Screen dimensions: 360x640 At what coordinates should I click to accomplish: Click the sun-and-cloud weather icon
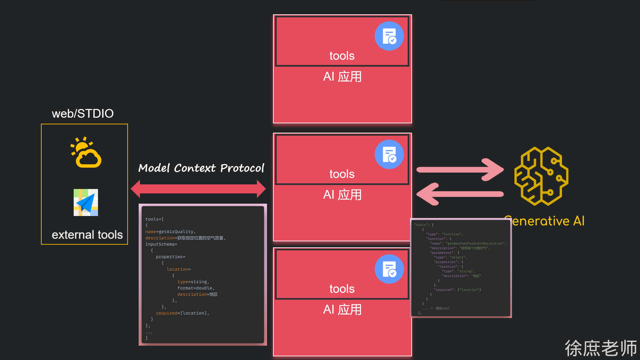pyautogui.click(x=86, y=152)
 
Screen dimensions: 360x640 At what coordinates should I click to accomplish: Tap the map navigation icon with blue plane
pyautogui.click(x=86, y=202)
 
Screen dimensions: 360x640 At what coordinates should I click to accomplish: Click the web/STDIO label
pyautogui.click(x=83, y=114)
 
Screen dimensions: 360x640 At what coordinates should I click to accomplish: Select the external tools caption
pyautogui.click(x=87, y=235)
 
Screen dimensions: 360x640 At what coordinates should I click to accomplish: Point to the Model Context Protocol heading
pyautogui.click(x=201, y=168)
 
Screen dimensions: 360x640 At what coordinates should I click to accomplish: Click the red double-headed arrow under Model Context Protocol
pyautogui.click(x=198, y=189)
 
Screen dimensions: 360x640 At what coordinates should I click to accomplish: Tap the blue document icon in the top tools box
pyautogui.click(x=389, y=36)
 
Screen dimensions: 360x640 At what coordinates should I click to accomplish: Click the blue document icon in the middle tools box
pyautogui.click(x=389, y=154)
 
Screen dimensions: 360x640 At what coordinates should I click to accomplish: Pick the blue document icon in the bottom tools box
pyautogui.click(x=389, y=269)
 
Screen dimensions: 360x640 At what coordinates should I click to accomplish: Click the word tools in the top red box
pyautogui.click(x=342, y=56)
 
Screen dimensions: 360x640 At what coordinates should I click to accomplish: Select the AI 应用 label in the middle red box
pyautogui.click(x=342, y=195)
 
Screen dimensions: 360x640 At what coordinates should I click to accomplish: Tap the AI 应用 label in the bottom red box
pyautogui.click(x=342, y=310)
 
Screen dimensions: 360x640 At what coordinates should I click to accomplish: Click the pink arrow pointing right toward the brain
pyautogui.click(x=460, y=170)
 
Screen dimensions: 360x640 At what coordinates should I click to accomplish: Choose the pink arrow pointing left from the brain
pyautogui.click(x=460, y=194)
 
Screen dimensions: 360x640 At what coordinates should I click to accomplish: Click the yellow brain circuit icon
pyautogui.click(x=541, y=176)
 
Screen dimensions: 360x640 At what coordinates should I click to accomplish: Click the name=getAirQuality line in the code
pyautogui.click(x=170, y=232)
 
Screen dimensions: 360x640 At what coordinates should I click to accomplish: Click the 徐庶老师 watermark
pyautogui.click(x=601, y=348)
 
